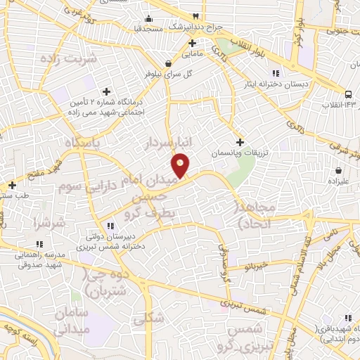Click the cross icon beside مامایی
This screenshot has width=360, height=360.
192,43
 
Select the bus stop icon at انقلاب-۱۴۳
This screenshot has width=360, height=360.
349,94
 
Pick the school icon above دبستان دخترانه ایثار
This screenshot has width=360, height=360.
276,72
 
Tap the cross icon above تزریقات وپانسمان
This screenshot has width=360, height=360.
240,141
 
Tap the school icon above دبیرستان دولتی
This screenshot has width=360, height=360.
109,226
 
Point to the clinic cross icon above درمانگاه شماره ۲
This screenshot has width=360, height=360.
106,91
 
